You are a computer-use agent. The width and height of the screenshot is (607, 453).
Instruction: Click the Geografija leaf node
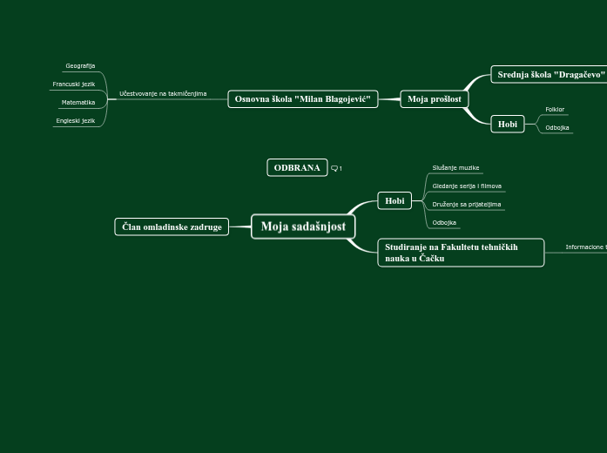pos(80,66)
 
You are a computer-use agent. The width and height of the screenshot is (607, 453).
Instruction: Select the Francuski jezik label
pos(74,85)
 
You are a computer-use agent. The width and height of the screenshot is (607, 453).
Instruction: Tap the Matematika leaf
pos(78,103)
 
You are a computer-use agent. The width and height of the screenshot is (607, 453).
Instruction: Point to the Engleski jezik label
pos(76,121)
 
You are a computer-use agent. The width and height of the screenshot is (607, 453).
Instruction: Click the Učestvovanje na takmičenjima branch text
pos(163,93)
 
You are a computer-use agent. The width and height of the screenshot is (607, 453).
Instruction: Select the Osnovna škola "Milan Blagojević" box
pos(302,99)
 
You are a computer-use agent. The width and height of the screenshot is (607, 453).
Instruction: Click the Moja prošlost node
pos(435,99)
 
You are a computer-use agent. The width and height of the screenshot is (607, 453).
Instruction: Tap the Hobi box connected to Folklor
pos(508,125)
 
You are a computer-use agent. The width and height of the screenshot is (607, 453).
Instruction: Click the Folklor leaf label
pos(555,110)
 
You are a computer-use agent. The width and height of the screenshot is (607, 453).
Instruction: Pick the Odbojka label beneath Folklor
pos(557,128)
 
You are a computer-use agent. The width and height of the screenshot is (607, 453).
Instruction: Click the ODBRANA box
pos(297,168)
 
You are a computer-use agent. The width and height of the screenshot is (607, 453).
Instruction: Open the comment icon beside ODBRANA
pos(335,169)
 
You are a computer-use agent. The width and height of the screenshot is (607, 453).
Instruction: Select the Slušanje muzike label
pos(455,167)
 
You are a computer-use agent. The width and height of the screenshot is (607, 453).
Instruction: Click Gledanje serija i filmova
pos(467,186)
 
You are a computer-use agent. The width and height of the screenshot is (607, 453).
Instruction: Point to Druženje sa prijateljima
pos(467,204)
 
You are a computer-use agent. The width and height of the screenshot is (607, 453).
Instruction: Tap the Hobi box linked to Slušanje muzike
pos(395,201)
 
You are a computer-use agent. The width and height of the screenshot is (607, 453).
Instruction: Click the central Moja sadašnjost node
pos(303,226)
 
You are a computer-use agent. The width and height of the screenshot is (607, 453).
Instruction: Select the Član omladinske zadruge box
pos(172,227)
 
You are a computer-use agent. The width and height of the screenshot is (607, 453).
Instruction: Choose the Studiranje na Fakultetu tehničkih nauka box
pos(461,253)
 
